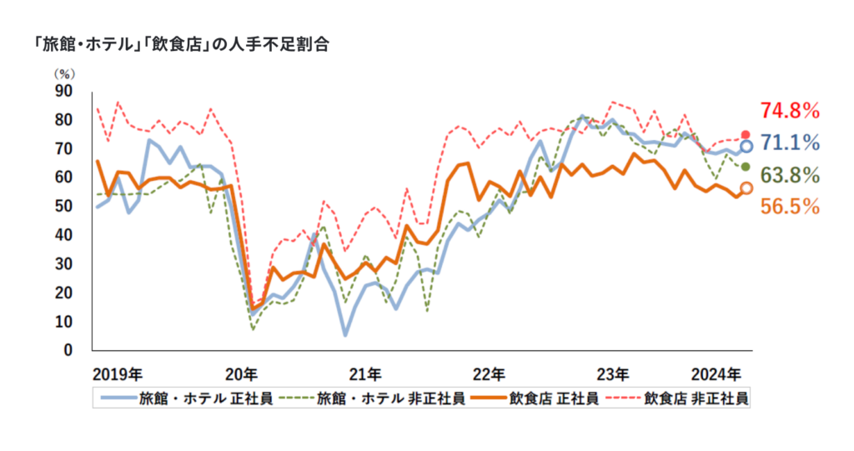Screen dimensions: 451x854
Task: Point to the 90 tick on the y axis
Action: [63, 90]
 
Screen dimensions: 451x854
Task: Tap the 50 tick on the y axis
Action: [63, 206]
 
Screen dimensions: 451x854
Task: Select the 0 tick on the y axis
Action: [68, 350]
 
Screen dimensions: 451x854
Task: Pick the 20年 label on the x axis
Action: [241, 372]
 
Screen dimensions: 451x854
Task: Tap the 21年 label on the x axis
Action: [365, 372]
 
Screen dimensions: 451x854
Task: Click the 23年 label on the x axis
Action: [614, 372]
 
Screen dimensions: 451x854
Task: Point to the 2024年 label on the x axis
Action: [717, 372]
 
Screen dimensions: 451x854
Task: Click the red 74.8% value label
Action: [789, 111]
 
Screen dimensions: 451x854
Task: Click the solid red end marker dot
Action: [746, 135]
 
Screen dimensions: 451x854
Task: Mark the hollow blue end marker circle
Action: [746, 146]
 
